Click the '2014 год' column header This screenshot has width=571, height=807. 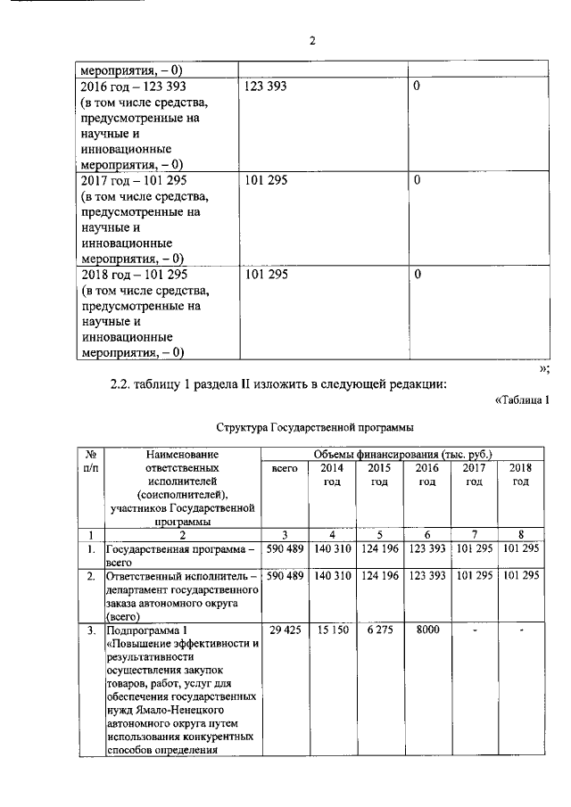331,474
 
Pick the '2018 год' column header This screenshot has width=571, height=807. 520,474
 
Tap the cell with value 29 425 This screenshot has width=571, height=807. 283,630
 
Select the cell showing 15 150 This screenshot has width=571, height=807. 331,630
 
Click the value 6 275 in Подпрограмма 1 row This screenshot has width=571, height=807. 379,630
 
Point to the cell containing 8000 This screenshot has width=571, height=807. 427,630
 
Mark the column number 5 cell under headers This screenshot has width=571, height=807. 379,535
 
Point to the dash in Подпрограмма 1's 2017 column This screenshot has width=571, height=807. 474,630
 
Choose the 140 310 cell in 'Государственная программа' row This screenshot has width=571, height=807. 331,548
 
